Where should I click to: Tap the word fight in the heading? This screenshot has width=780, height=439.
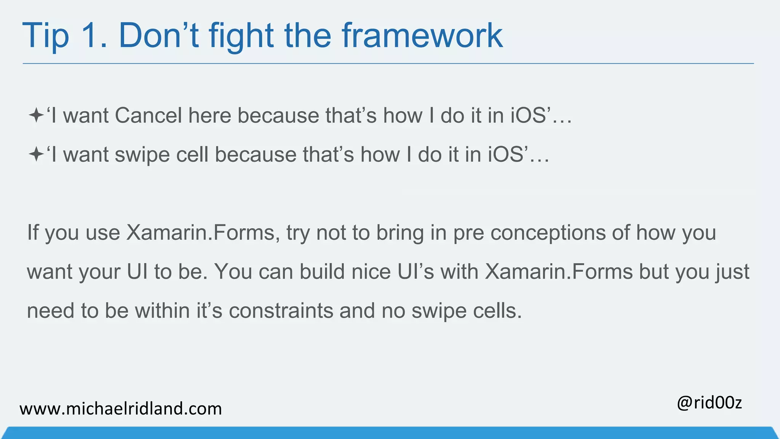241,36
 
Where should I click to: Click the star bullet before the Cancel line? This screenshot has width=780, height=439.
36,115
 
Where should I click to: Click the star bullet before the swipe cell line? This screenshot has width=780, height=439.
36,155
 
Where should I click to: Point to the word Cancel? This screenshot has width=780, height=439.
149,115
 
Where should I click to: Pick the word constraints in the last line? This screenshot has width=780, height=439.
281,311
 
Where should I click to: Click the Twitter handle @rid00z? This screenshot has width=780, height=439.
709,403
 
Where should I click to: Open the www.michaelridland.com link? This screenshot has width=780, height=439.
121,409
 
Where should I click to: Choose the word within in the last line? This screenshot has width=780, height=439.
162,311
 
